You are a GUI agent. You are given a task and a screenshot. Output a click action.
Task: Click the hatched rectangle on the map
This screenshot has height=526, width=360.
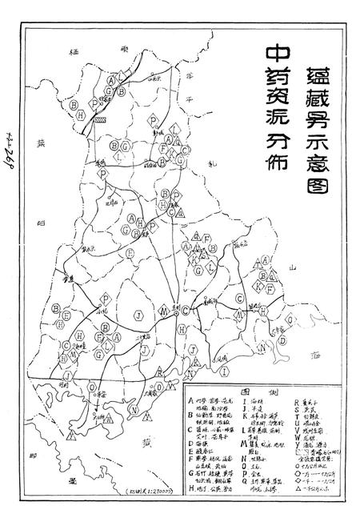point(102,116)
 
